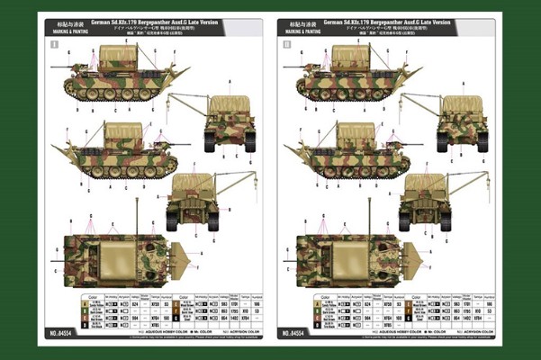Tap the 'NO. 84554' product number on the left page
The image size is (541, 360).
click(54, 334)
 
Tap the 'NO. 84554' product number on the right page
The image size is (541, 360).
click(298, 334)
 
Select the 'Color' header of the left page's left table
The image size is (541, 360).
click(89, 295)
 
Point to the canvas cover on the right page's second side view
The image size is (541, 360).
click(361, 134)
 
